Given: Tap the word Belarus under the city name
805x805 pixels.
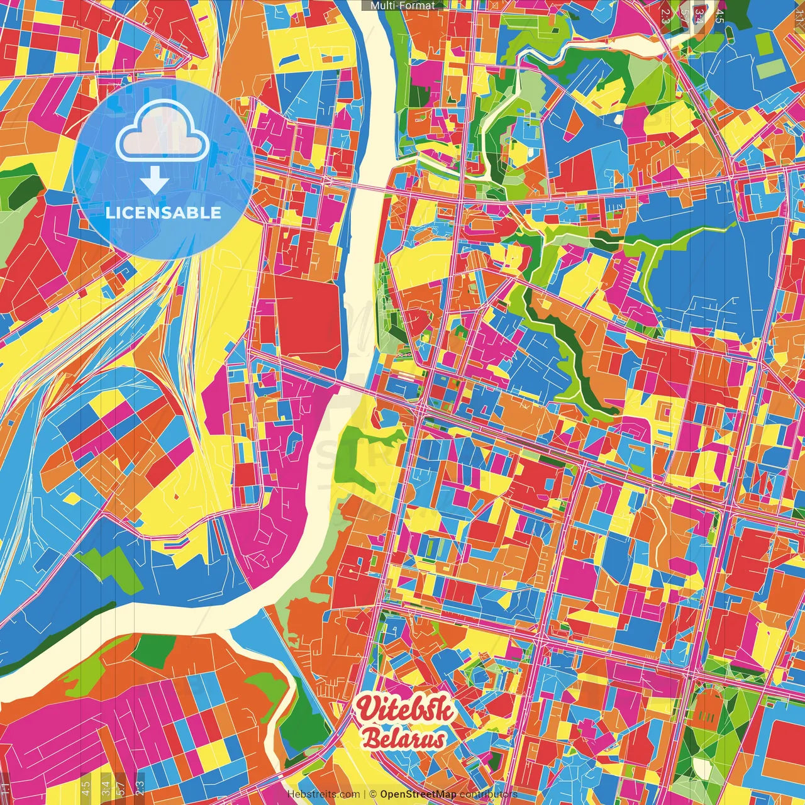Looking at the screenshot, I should pyautogui.click(x=404, y=740).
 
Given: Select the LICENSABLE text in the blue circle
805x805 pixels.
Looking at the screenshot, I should pyautogui.click(x=164, y=213).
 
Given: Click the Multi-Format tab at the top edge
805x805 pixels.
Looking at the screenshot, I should pyautogui.click(x=402, y=6).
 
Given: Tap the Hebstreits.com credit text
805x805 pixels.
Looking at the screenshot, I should pyautogui.click(x=323, y=794).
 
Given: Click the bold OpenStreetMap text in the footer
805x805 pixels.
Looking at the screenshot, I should pyautogui.click(x=418, y=794).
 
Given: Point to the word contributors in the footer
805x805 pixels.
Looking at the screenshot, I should pyautogui.click(x=489, y=794).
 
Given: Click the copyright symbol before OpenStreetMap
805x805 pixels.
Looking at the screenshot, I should pyautogui.click(x=372, y=794).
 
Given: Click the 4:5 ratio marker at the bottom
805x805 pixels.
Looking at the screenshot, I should pyautogui.click(x=86, y=786).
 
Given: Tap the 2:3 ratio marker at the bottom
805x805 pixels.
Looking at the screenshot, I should pyautogui.click(x=140, y=786).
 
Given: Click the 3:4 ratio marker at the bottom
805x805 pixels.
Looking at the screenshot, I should pyautogui.click(x=106, y=786).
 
